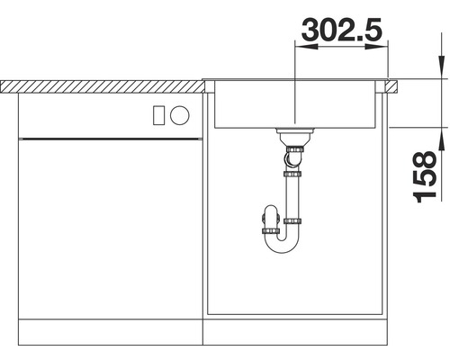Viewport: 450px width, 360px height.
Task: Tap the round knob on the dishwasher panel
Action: pyautogui.click(x=180, y=114)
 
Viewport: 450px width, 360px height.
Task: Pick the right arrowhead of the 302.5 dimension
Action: pyautogui.click(x=382, y=49)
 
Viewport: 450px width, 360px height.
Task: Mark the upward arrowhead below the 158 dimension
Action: pyautogui.click(x=441, y=135)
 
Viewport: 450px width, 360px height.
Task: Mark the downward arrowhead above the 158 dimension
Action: pyautogui.click(x=441, y=69)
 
